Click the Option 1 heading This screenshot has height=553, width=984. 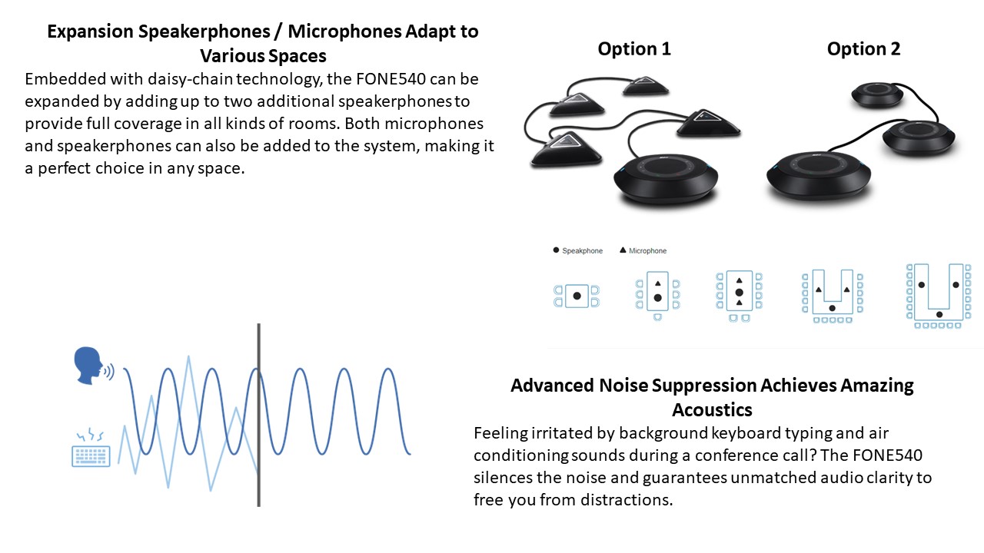click(x=634, y=48)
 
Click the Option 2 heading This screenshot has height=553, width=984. click(x=863, y=48)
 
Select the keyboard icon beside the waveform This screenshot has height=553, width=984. click(x=91, y=448)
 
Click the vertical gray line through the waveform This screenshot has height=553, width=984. click(x=259, y=415)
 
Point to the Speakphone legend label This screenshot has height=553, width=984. click(x=583, y=250)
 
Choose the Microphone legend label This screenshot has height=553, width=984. click(x=647, y=250)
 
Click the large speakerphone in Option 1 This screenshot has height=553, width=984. click(x=666, y=178)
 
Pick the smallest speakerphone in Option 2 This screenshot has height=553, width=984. click(x=877, y=94)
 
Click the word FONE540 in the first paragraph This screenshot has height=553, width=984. click(x=391, y=79)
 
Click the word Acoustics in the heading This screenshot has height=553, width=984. click(x=712, y=410)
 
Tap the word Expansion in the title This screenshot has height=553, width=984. click(x=91, y=32)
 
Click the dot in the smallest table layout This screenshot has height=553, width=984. click(x=577, y=296)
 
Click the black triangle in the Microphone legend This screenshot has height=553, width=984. click(x=623, y=250)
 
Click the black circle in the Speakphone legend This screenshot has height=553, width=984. click(x=556, y=250)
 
